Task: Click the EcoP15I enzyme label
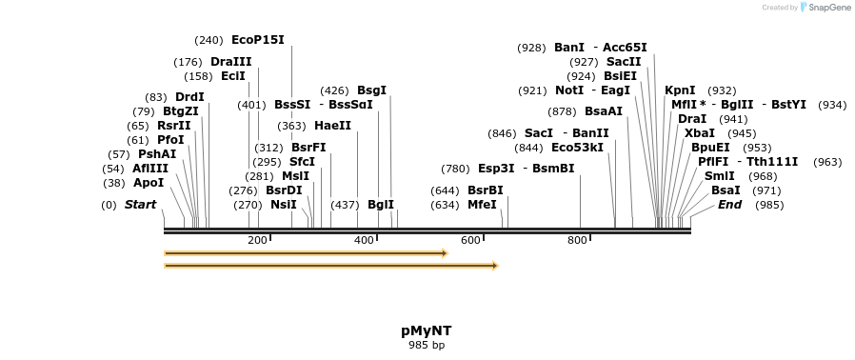click(x=257, y=40)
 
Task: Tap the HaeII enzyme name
click(x=332, y=126)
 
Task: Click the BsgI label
click(x=371, y=90)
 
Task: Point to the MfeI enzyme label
click(x=482, y=205)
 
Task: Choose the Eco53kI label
click(x=577, y=148)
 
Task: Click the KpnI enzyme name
click(x=680, y=90)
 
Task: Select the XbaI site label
click(x=699, y=133)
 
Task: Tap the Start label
click(x=140, y=205)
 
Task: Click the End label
click(x=729, y=205)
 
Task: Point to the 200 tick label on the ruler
click(x=257, y=240)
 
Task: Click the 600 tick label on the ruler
click(x=470, y=240)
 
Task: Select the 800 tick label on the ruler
click(x=577, y=240)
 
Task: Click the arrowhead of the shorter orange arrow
click(x=443, y=253)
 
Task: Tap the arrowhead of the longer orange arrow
click(x=493, y=266)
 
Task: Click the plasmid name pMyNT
click(x=426, y=330)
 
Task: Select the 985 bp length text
click(x=426, y=345)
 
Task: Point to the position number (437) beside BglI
click(x=344, y=205)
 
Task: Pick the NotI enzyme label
click(x=569, y=90)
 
